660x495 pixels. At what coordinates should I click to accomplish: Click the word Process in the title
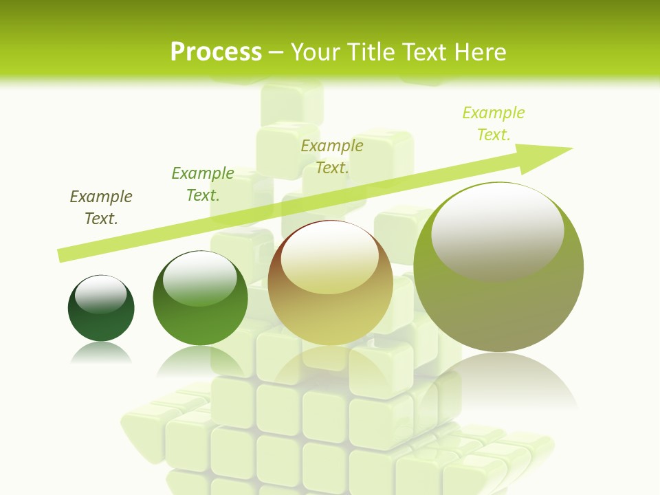coord(216,52)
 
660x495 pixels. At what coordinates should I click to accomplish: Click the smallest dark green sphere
coord(101,316)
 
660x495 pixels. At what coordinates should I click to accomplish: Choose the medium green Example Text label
coord(203,184)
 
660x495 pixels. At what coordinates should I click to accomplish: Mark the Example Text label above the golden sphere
coord(332,156)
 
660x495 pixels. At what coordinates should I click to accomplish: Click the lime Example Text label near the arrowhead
coord(494,123)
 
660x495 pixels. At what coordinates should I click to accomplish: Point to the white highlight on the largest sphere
coord(497,230)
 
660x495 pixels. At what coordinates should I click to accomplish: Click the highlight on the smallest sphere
coord(101,294)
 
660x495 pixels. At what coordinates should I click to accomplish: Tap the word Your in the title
coord(314,52)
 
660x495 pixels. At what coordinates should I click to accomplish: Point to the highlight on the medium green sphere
coord(201,279)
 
